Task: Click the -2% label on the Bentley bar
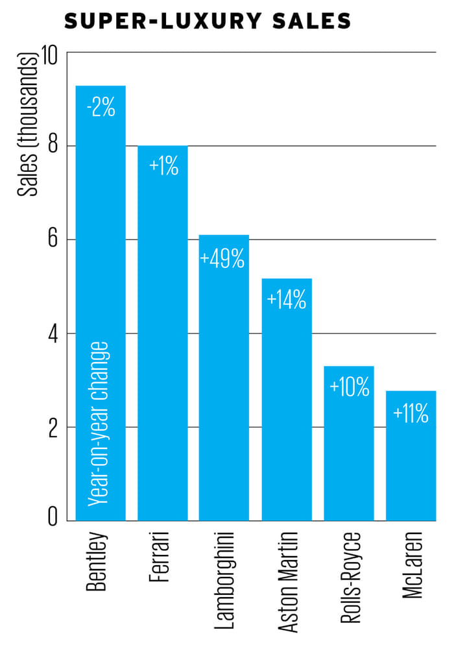click(x=101, y=106)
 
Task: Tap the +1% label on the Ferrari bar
click(x=163, y=166)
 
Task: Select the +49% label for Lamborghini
click(x=223, y=259)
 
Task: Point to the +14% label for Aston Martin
click(x=286, y=300)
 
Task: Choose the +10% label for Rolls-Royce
click(x=349, y=387)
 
